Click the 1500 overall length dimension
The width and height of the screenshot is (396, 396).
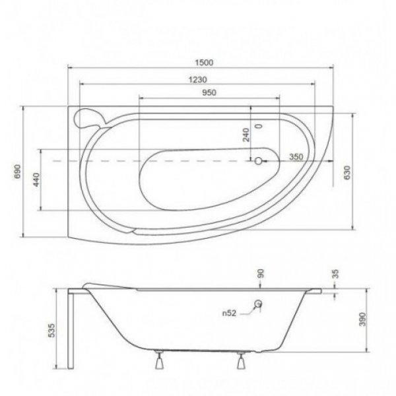tap(204, 63)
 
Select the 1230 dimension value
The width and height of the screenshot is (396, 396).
tap(198, 80)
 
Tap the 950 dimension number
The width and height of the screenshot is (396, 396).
tap(209, 92)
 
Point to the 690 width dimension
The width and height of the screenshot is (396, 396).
tap(17, 172)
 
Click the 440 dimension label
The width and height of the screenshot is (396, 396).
tap(36, 180)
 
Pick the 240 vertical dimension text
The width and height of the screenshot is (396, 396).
tap(246, 135)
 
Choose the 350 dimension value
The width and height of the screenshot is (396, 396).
tap(296, 157)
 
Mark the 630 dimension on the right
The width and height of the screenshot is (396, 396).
tap(348, 172)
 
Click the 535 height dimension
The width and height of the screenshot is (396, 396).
tap(51, 330)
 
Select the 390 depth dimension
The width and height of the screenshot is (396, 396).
tap(362, 319)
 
